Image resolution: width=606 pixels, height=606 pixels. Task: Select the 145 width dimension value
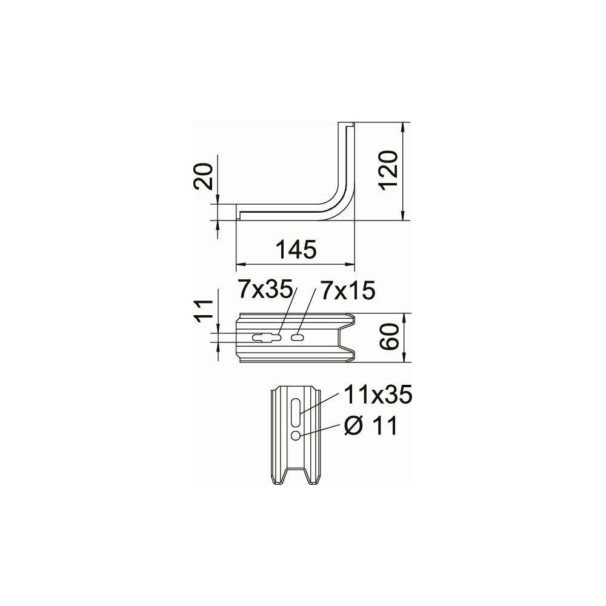tap(296, 249)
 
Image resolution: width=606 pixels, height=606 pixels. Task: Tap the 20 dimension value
tap(203, 176)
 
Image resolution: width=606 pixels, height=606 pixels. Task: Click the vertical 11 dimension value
tap(203, 308)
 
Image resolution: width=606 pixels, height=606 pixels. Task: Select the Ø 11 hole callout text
tap(371, 426)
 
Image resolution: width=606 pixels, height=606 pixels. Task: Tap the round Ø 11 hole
tap(296, 436)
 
